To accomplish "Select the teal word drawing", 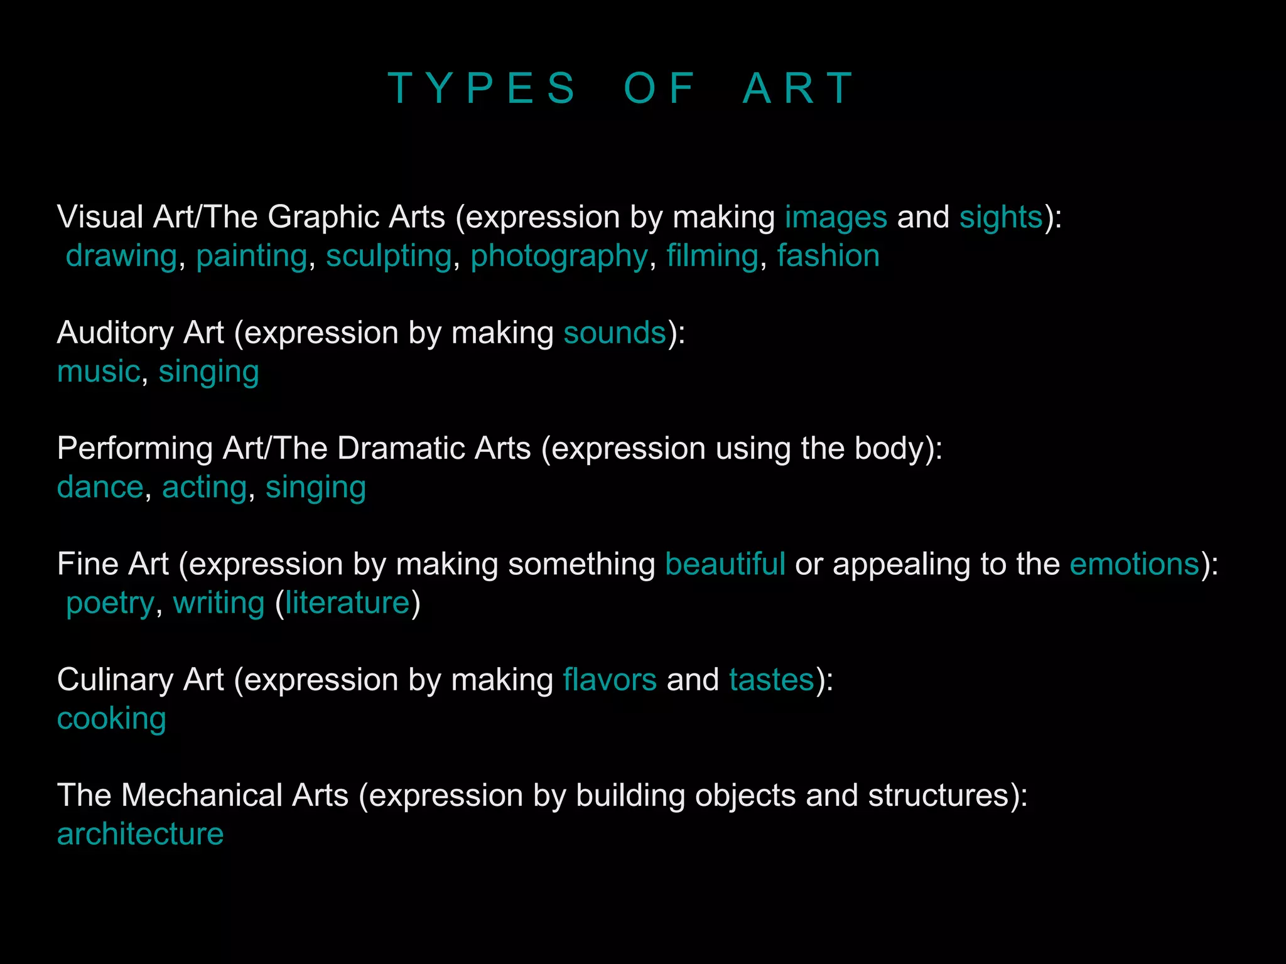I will coord(121,256).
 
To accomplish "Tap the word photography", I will coord(559,256).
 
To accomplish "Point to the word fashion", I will coord(828,256).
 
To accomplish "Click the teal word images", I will coord(836,217).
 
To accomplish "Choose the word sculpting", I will coord(389,256).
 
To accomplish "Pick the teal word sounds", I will coord(615,333).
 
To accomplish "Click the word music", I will coord(99,372).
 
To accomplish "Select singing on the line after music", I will coord(208,372).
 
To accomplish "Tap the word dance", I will coord(100,487).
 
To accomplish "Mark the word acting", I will coord(205,487).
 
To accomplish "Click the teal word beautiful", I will coord(725,564).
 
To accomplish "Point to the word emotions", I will coord(1135,564).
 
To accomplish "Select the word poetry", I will coord(110,603).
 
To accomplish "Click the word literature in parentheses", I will coord(347,603).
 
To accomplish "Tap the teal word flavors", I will coord(610,680).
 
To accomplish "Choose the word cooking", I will coord(112,719).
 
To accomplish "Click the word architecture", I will coord(140,834).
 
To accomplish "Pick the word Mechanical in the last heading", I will coord(234,795).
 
